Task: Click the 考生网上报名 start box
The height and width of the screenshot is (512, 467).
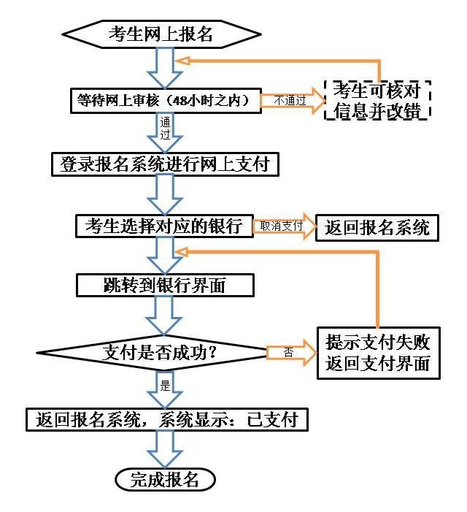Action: click(161, 34)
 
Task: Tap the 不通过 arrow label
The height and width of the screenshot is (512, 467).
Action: click(290, 101)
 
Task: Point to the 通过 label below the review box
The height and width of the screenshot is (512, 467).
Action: click(165, 129)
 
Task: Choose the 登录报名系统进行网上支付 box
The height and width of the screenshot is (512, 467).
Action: click(165, 164)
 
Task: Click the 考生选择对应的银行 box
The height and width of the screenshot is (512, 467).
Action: click(164, 226)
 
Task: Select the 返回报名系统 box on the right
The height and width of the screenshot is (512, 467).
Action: click(377, 228)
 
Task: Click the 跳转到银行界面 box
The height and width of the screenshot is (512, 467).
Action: click(165, 285)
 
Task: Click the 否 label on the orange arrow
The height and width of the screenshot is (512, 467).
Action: click(288, 352)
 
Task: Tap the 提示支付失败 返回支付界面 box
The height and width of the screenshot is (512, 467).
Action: click(378, 353)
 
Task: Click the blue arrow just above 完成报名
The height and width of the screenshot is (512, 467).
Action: click(165, 448)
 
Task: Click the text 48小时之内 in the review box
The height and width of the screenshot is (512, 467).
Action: click(212, 100)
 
